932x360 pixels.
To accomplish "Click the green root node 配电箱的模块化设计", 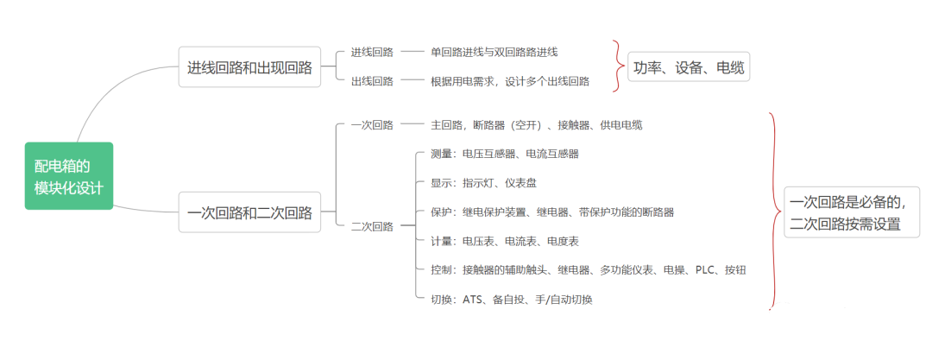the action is (69, 176).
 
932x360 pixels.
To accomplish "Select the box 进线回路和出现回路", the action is (249, 67).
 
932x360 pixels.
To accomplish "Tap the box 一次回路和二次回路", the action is (249, 212).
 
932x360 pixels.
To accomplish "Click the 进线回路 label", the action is (372, 53).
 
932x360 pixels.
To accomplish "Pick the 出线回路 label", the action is (372, 81).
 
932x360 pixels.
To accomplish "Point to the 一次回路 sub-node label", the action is (372, 125).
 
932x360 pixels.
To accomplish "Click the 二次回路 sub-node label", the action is (372, 226).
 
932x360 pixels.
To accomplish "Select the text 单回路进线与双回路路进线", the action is (494, 53).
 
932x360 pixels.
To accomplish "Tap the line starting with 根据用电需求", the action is (511, 81).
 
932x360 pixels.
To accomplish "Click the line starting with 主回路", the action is (537, 125).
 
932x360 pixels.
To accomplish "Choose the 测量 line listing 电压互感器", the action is (505, 154).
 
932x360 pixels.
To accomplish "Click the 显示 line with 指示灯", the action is (484, 183).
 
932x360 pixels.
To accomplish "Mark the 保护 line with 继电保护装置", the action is (553, 212).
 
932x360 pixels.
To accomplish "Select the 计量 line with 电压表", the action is (505, 241).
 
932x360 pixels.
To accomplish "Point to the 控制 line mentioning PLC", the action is (589, 270).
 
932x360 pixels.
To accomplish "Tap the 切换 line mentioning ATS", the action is (512, 300).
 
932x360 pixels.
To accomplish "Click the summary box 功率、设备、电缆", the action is (689, 68).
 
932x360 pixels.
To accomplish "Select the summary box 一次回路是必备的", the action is (852, 212).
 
